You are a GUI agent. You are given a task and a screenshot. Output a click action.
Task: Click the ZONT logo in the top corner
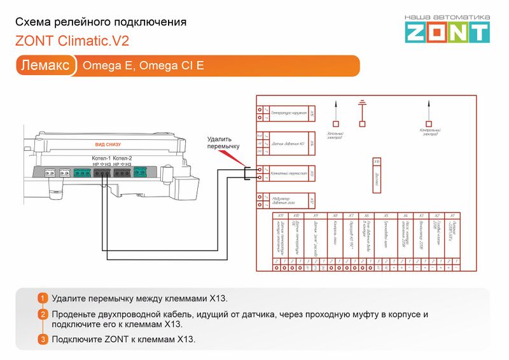[x=447, y=29]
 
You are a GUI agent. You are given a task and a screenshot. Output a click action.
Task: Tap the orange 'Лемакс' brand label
[x=45, y=66]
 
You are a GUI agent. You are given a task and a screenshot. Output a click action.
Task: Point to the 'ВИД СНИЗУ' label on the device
[x=108, y=144]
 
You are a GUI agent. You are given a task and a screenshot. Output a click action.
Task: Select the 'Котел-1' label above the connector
[x=102, y=158]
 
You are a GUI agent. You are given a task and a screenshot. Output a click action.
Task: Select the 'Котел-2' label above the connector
[x=123, y=158]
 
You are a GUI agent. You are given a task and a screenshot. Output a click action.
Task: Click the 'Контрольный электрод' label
[x=430, y=132]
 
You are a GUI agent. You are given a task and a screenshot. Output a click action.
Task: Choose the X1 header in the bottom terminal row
[x=452, y=216]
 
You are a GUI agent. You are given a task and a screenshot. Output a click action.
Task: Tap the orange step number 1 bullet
[x=43, y=298]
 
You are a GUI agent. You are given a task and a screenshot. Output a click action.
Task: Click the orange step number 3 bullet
[x=43, y=339]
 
